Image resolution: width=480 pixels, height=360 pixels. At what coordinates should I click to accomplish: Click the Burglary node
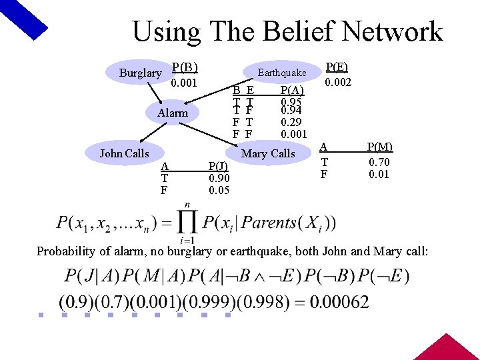tap(140, 73)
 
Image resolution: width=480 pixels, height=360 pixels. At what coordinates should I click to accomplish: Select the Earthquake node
tap(282, 73)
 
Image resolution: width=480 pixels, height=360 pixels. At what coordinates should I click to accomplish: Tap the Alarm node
tap(173, 113)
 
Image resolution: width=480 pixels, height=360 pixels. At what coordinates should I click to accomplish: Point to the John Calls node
tap(124, 153)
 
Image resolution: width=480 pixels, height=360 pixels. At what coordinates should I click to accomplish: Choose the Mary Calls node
tap(268, 153)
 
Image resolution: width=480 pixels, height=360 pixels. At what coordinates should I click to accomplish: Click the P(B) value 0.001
tap(184, 83)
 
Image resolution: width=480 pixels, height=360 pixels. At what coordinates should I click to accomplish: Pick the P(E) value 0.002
tap(338, 82)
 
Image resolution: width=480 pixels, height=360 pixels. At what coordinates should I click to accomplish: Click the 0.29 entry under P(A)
tap(292, 123)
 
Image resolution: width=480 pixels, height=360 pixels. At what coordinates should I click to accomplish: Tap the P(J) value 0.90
tap(219, 178)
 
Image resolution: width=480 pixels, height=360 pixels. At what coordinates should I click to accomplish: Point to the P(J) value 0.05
tap(219, 190)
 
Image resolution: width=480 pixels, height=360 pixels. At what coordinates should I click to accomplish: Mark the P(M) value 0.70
tap(380, 162)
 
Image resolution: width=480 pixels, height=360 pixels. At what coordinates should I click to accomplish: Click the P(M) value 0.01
tap(380, 175)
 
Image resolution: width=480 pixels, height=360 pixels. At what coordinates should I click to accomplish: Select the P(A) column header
tap(292, 90)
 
